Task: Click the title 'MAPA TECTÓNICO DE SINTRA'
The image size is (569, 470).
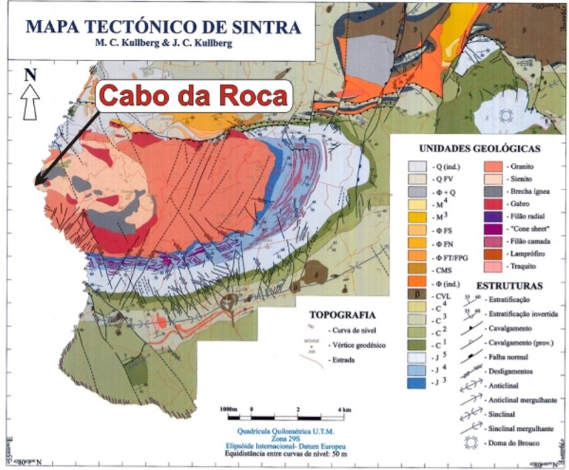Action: (162, 27)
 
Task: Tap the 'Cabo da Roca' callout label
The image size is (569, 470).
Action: (194, 97)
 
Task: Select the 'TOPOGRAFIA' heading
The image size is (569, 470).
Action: (343, 314)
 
